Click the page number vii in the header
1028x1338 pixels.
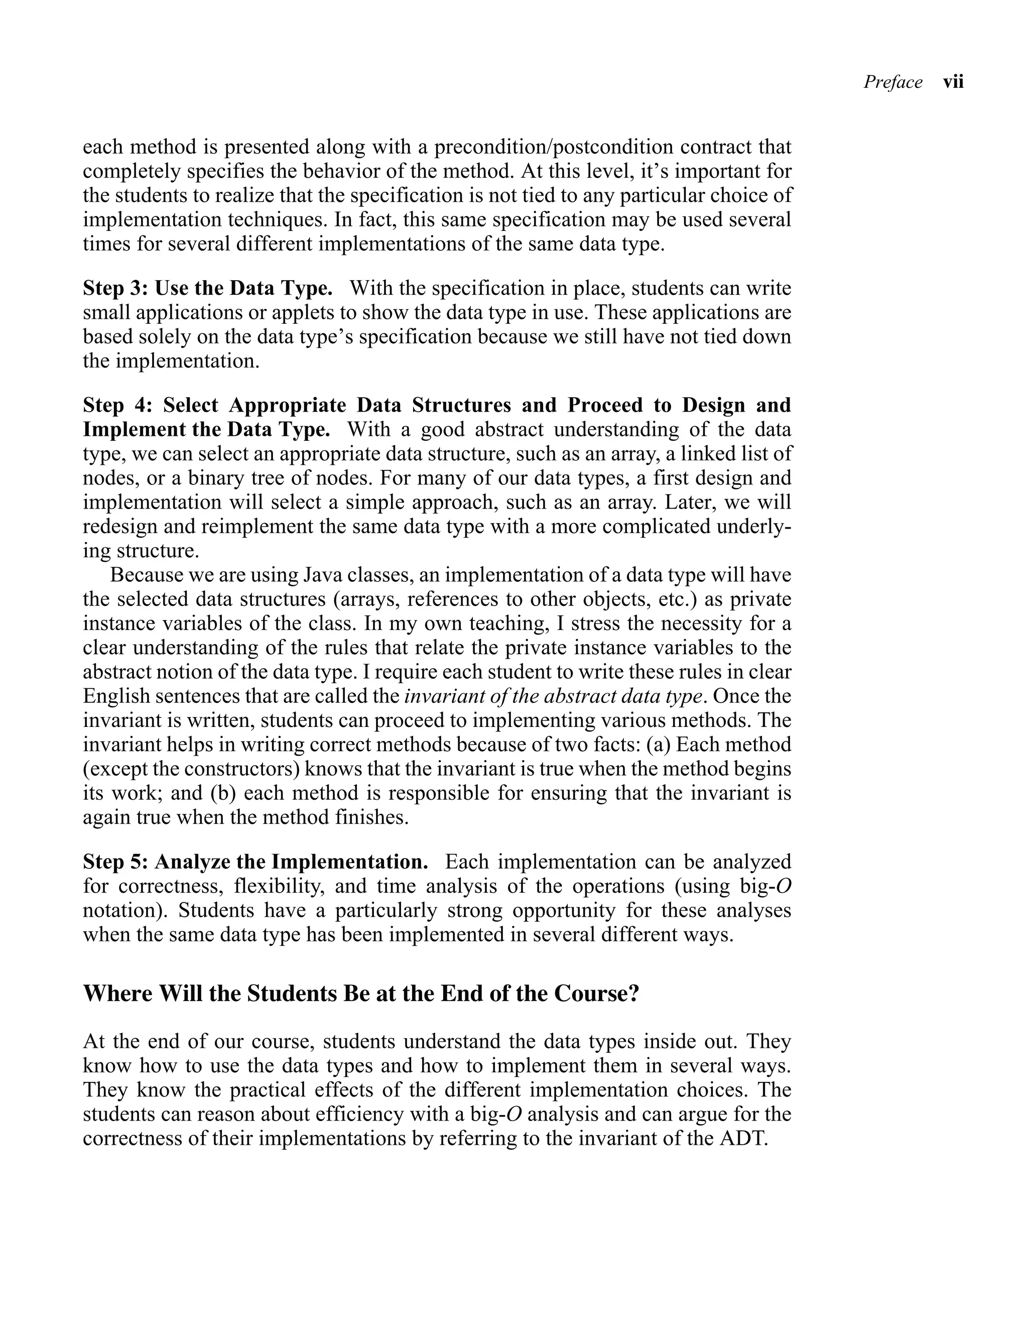(953, 82)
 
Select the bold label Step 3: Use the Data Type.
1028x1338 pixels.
(207, 288)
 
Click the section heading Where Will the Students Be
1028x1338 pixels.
(360, 992)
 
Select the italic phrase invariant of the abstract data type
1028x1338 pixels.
(552, 696)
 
